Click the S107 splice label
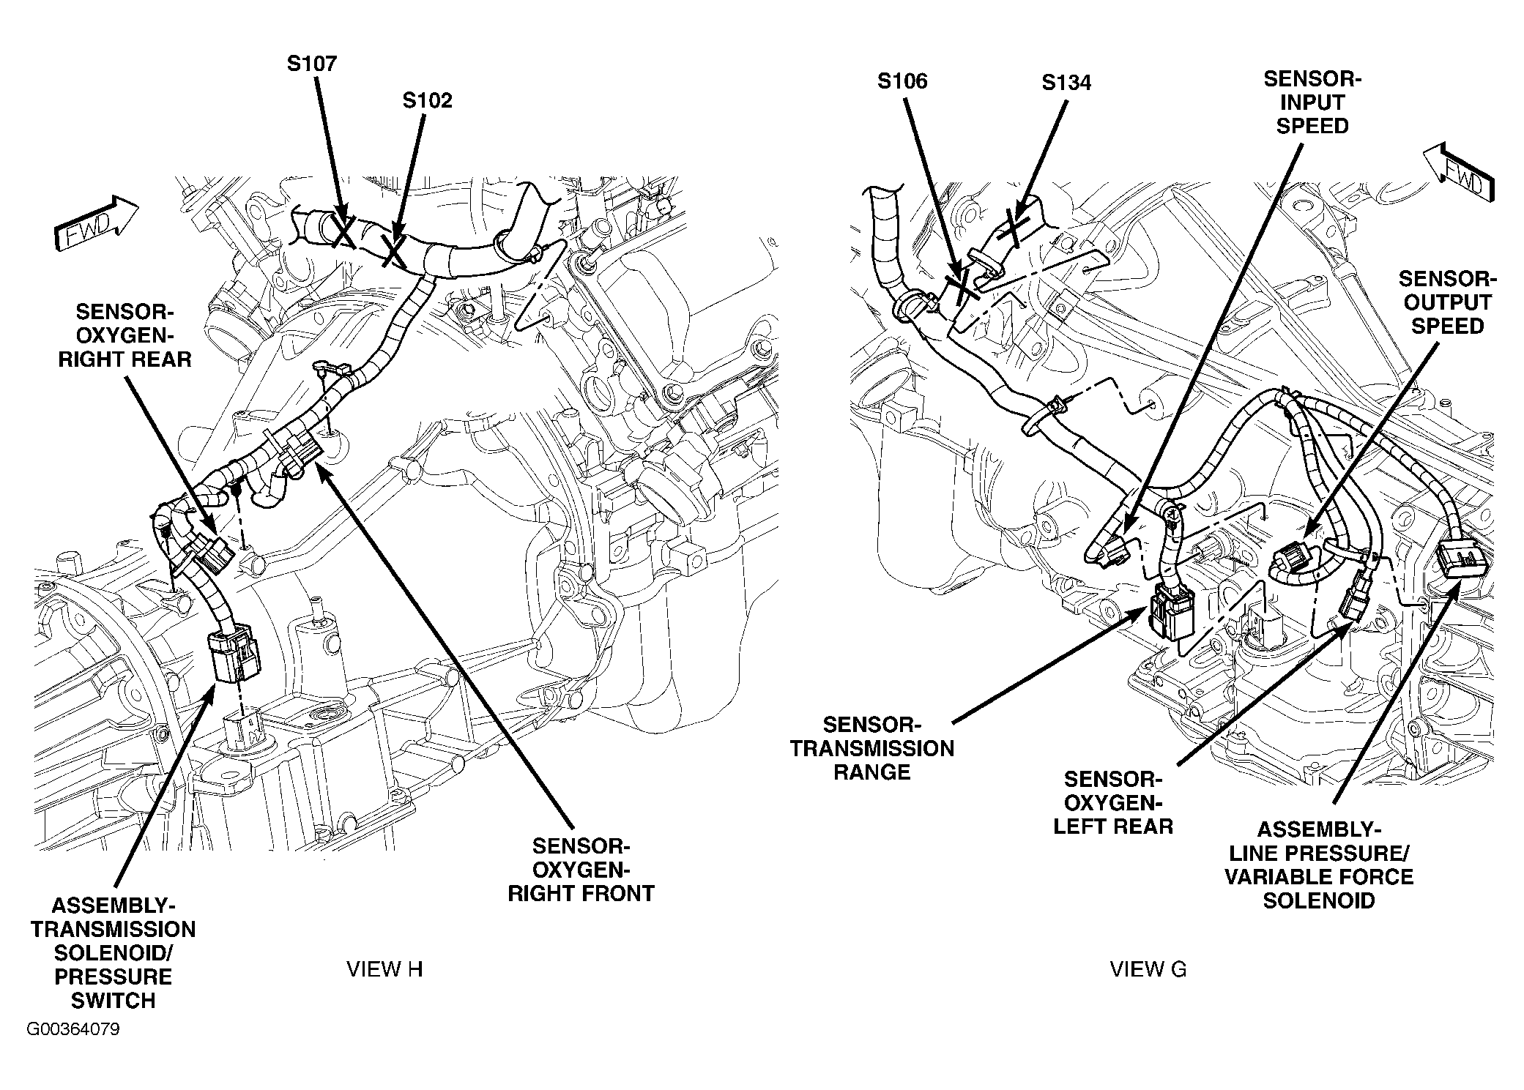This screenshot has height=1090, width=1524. click(311, 64)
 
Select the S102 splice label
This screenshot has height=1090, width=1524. click(427, 100)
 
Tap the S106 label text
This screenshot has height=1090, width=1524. click(902, 81)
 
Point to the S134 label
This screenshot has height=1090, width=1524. click(1066, 83)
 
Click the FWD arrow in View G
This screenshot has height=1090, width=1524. click(1457, 173)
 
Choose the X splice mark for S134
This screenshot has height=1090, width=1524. click(1013, 228)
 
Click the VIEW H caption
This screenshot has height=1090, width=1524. click(384, 969)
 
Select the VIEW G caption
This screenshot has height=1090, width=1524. click(1148, 969)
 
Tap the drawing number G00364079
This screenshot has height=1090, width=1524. click(73, 1030)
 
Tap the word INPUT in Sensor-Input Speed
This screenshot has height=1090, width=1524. click(1312, 102)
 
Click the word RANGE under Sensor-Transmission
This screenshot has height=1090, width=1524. click(872, 772)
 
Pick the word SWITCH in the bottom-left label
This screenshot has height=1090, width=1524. click(114, 1001)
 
